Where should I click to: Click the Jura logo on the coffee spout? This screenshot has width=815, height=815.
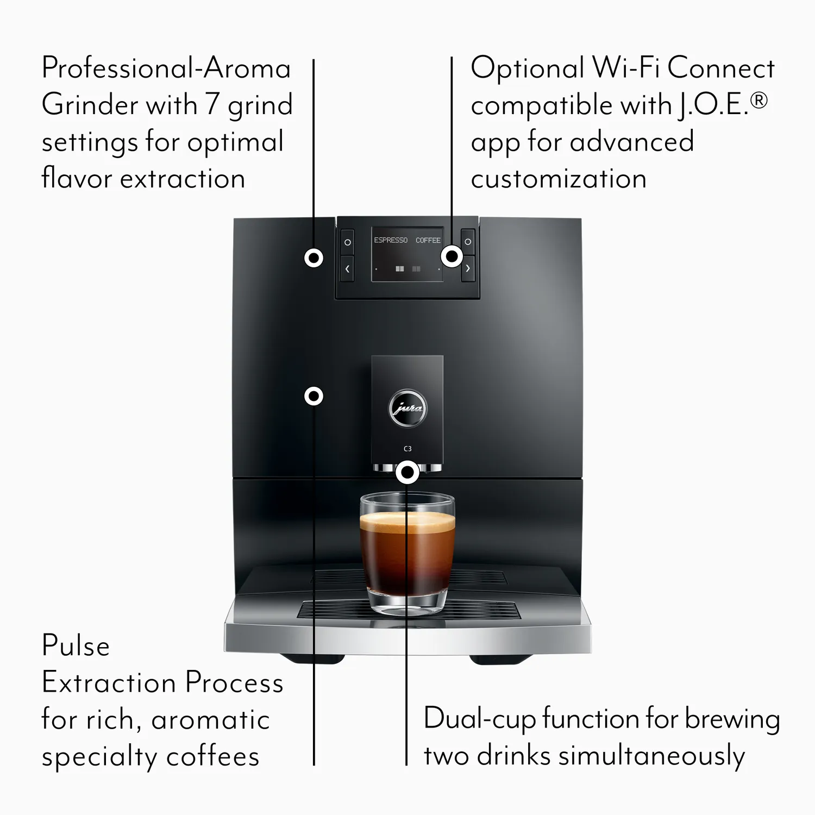tap(407, 408)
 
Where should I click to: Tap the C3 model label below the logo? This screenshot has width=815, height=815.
tap(407, 449)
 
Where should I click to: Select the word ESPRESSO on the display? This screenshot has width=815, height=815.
tap(390, 240)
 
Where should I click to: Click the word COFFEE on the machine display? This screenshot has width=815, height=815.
tap(428, 240)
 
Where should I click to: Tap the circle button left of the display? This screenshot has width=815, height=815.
tap(348, 242)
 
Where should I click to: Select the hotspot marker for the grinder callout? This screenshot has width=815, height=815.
tap(314, 258)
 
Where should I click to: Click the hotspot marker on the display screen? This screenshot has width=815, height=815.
tap(452, 256)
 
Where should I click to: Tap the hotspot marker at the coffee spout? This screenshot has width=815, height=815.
tap(407, 473)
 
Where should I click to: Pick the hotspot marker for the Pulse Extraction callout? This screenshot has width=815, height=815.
tap(314, 396)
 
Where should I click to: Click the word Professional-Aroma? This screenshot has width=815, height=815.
tap(166, 68)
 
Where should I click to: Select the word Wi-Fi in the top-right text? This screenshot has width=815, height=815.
tap(625, 68)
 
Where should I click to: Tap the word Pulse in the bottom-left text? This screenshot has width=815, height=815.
tap(76, 646)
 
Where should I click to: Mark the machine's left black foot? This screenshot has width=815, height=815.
tap(312, 659)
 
